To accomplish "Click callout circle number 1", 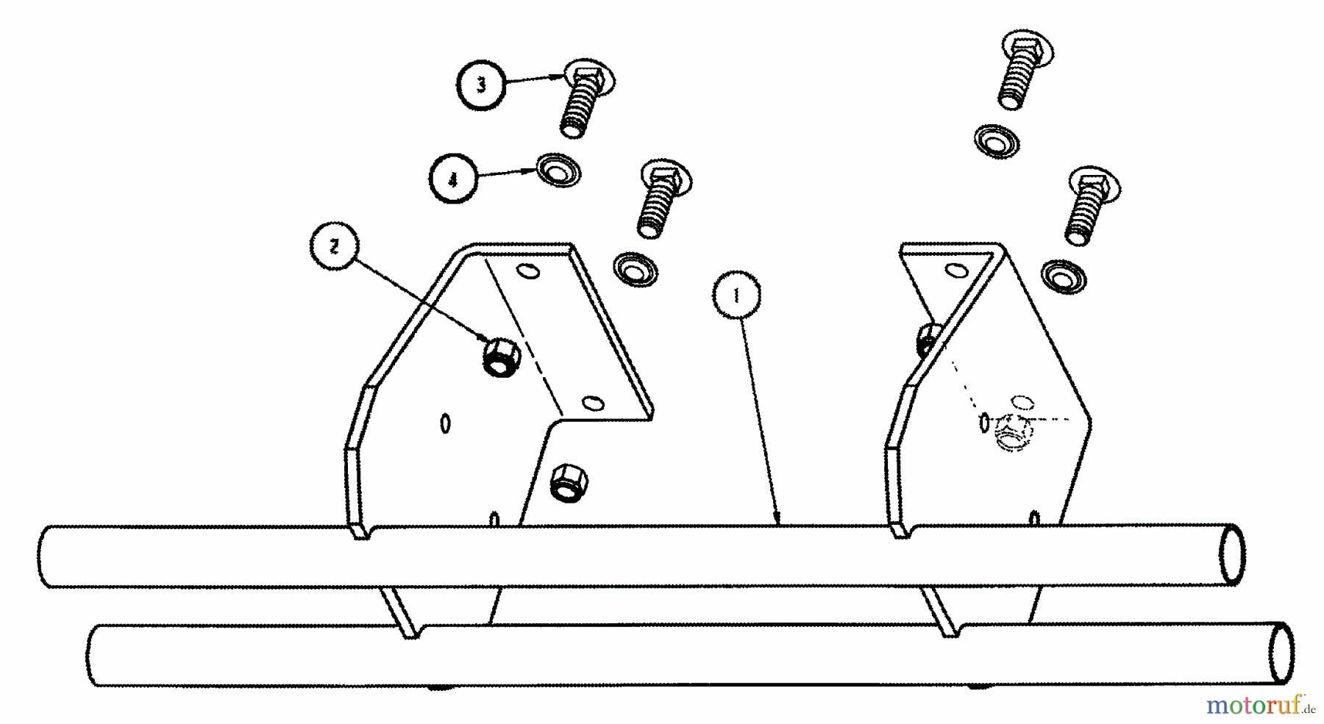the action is point(736,296).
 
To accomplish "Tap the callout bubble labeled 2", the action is point(335,248).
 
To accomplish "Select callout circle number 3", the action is point(481,85).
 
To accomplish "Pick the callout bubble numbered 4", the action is point(453,179).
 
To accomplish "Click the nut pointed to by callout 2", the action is point(502,357).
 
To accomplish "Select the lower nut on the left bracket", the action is point(569,481).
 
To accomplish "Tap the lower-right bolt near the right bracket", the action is point(1093,206).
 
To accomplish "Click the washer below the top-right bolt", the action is point(997,140).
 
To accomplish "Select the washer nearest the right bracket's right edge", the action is point(1064,275).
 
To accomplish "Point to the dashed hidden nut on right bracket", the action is point(1013,431).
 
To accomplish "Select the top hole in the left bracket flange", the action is point(528,272).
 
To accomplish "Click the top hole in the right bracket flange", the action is point(956,271).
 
